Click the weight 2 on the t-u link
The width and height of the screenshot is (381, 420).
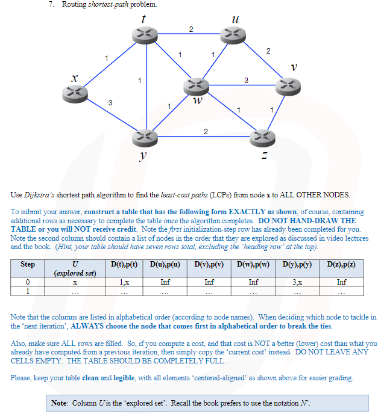[191, 29]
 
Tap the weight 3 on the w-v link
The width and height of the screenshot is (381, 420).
[246, 80]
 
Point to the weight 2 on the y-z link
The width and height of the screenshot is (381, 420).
[206, 131]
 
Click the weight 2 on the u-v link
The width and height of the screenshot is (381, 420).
[268, 50]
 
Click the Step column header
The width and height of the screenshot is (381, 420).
[28, 264]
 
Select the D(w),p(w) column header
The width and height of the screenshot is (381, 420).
[254, 264]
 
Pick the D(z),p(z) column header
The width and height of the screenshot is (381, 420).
[341, 264]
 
